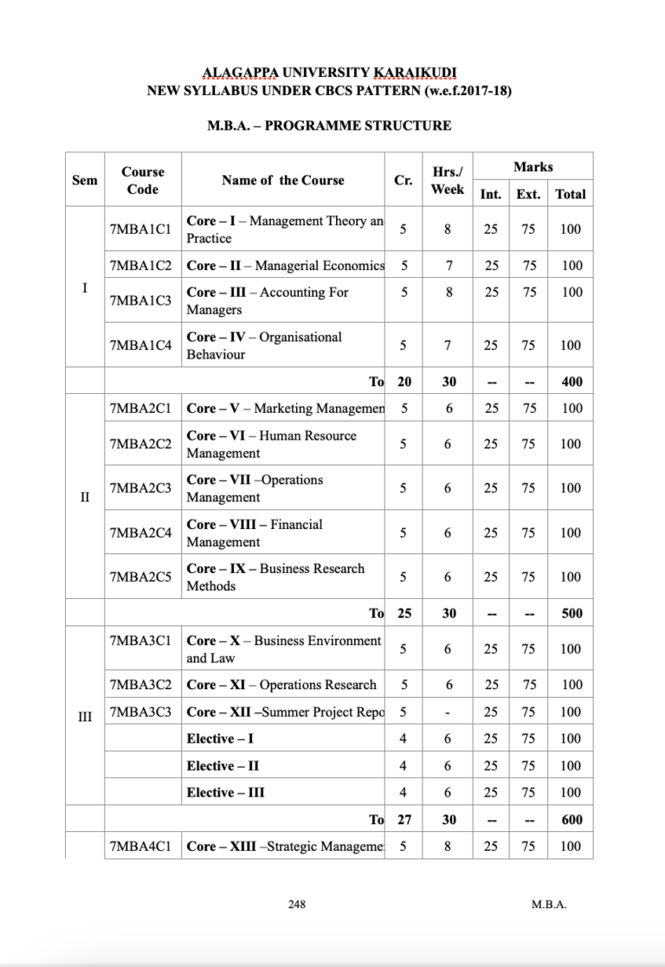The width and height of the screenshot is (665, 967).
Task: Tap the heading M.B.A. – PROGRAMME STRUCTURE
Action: [329, 126]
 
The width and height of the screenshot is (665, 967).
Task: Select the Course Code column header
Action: [142, 180]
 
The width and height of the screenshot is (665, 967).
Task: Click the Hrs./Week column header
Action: [448, 180]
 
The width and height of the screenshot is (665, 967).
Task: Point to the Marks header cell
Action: [533, 166]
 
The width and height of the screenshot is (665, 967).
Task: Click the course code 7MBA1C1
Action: [141, 229]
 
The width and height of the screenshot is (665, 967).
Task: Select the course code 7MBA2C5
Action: [141, 577]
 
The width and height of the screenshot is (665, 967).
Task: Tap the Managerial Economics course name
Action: [285, 265]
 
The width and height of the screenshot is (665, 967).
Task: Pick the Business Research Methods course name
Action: [275, 577]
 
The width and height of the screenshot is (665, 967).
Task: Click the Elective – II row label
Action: [223, 765]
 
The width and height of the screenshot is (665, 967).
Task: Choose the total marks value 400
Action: [571, 381]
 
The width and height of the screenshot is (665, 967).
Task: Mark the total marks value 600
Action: [571, 819]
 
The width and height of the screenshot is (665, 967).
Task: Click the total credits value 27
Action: [404, 819]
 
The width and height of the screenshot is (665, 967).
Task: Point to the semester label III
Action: [84, 715]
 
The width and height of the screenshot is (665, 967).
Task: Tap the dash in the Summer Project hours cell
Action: [448, 712]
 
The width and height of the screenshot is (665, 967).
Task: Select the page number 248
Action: [297, 905]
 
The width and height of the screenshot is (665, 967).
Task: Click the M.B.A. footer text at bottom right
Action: [549, 905]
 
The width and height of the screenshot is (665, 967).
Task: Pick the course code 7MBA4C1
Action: [141, 846]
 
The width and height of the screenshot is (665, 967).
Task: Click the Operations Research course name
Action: [281, 685]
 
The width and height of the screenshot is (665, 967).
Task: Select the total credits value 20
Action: [404, 381]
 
